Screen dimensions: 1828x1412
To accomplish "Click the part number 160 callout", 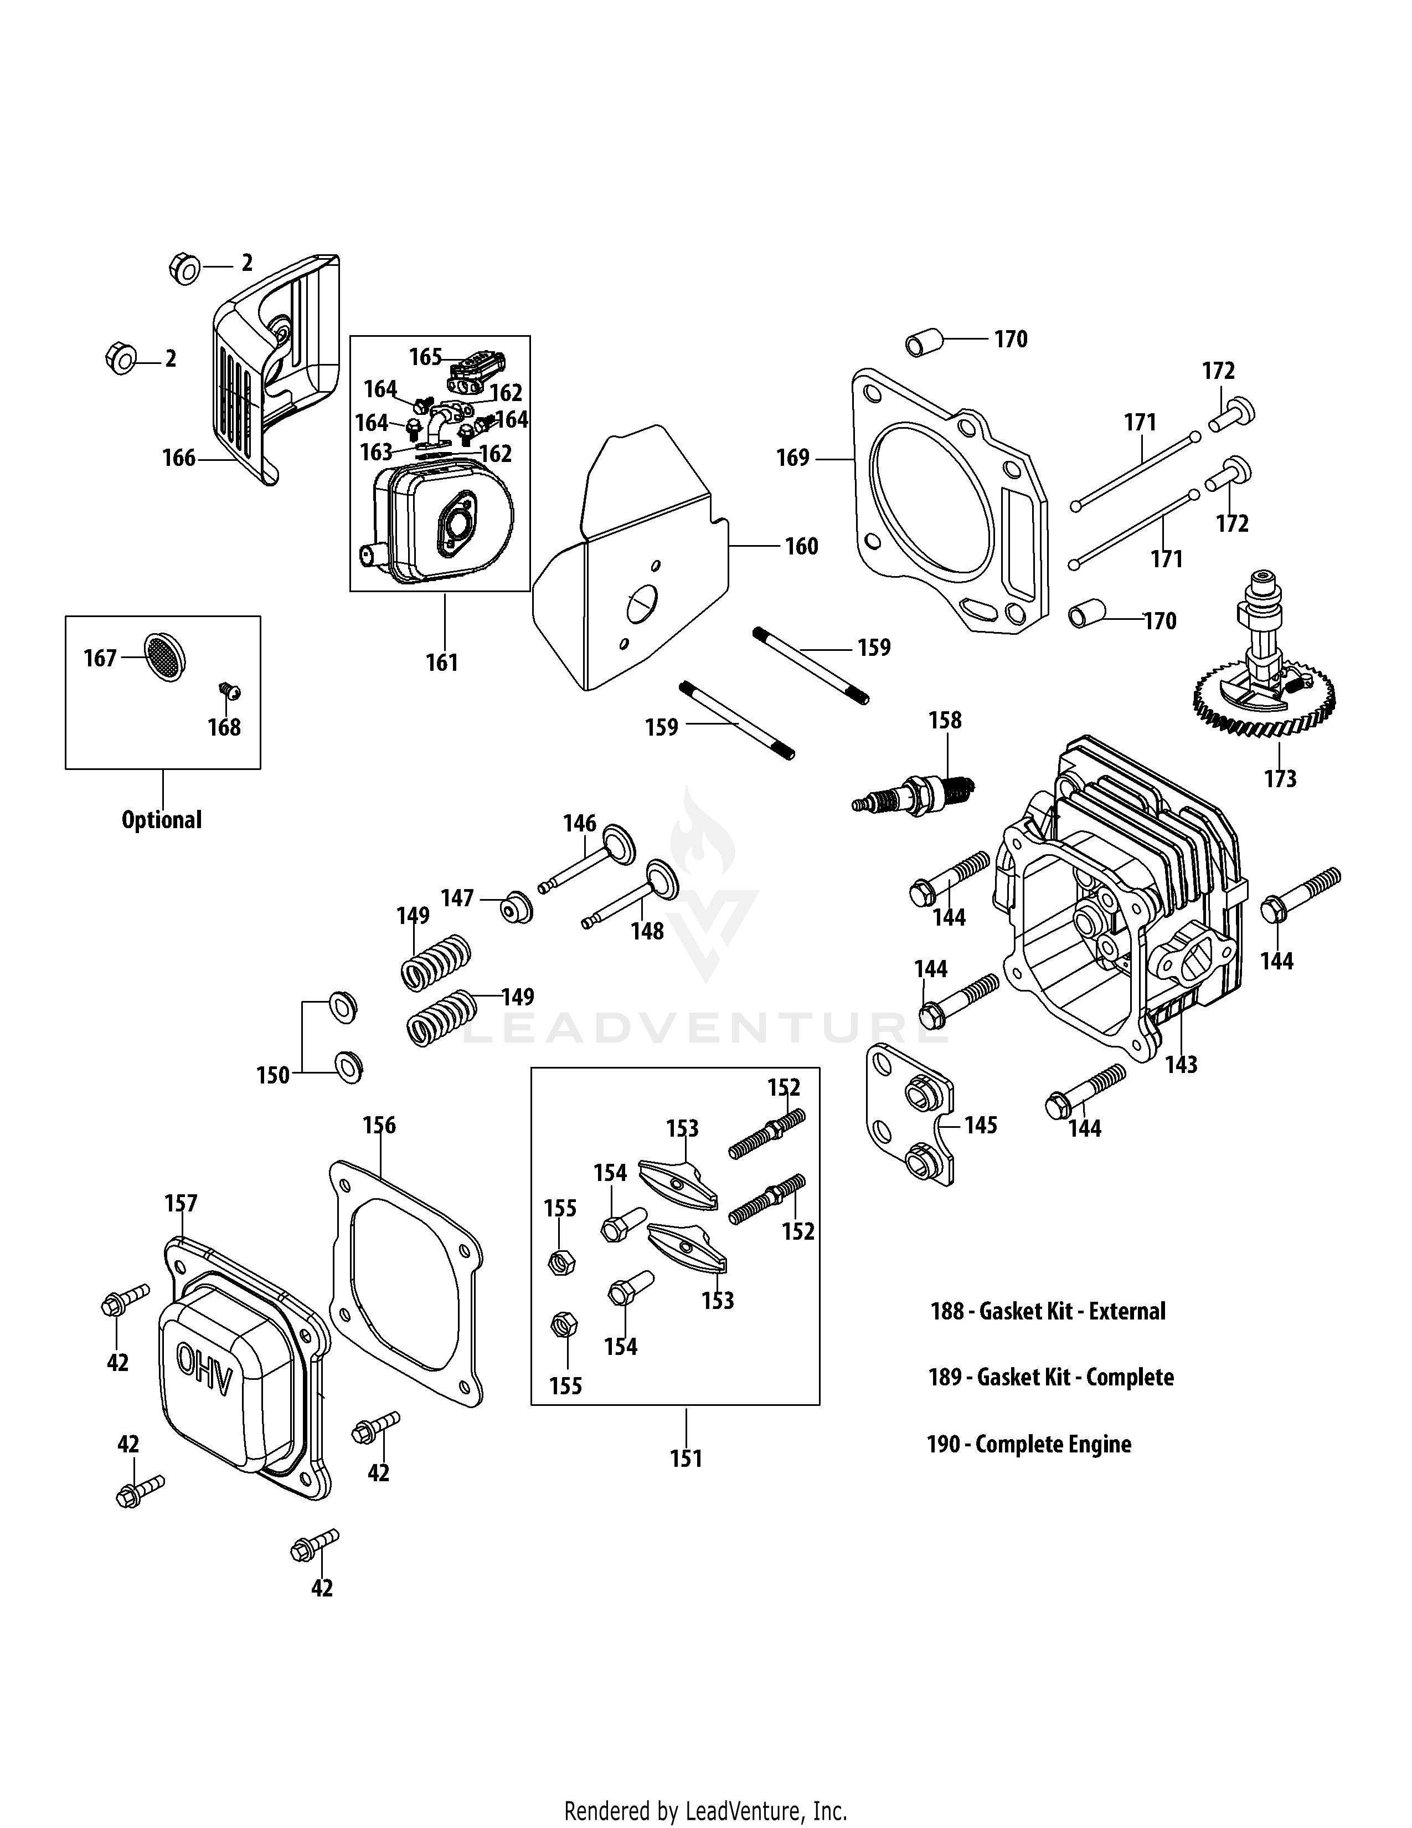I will pos(801,547).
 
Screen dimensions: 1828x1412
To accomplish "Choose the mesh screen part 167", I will pos(165,657).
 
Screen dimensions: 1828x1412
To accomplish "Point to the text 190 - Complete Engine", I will pos(1029,1444).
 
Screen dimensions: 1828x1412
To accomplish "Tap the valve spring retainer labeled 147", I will pos(516,907).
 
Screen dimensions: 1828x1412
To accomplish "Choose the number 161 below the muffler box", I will pos(442,663).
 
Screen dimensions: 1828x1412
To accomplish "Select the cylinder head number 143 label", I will pos(1181,1065).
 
